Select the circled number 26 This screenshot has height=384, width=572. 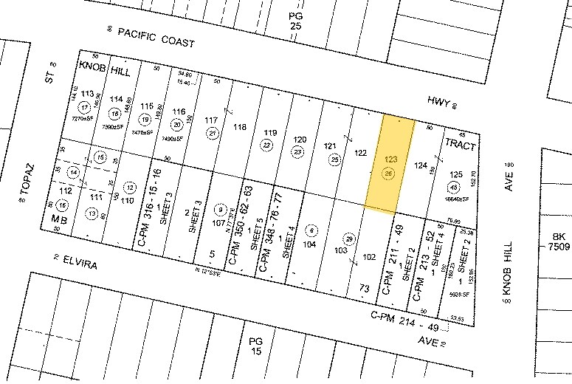pos(389,174)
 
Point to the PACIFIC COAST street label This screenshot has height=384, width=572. pos(155,39)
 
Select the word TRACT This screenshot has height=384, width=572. pos(459,146)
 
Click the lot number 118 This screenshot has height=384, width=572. pos(239,127)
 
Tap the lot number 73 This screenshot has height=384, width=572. pos(363,289)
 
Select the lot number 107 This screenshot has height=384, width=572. pos(218,222)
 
